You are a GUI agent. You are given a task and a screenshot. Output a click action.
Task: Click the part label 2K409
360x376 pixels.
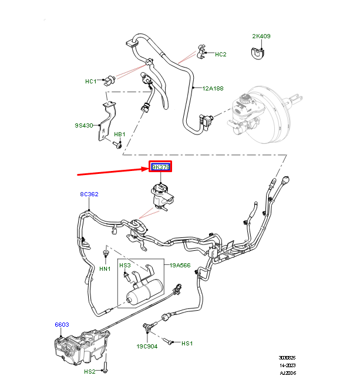(261, 36)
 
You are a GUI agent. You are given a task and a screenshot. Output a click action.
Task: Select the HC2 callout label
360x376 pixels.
(220, 55)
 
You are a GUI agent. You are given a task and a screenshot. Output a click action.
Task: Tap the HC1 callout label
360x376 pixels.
(91, 81)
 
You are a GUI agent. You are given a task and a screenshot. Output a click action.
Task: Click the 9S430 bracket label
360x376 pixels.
(85, 125)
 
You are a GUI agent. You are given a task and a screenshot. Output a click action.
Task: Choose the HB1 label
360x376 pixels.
(120, 135)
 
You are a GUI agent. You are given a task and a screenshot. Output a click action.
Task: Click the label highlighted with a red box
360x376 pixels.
(160, 167)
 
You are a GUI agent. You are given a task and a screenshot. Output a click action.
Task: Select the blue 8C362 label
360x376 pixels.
(89, 194)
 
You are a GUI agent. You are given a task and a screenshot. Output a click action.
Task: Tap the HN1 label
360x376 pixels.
(105, 269)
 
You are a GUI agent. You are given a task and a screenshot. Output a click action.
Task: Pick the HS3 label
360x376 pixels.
(125, 266)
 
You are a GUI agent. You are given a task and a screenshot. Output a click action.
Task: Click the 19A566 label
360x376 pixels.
(180, 266)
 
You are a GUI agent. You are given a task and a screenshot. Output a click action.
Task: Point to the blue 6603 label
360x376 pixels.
(62, 324)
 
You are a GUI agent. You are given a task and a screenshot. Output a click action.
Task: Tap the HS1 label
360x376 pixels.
(187, 343)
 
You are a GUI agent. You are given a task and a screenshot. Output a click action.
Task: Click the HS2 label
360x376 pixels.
(89, 371)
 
